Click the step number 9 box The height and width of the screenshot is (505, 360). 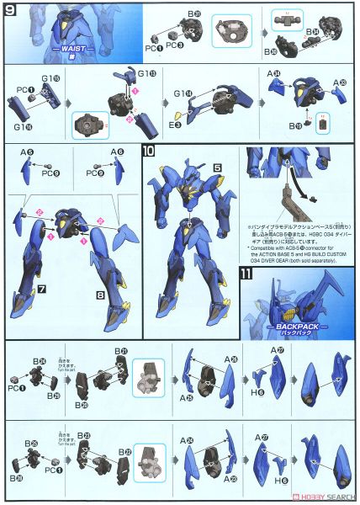click(9, 10)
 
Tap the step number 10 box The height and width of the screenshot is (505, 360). click(148, 151)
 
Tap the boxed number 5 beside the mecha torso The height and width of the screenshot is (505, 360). click(216, 167)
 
